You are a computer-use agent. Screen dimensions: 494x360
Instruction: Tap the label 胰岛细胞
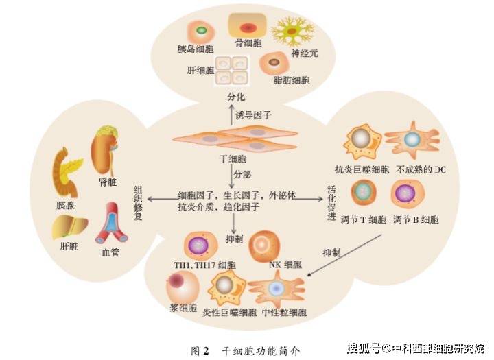[196, 49]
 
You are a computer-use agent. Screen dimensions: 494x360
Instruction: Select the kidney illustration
[104, 150]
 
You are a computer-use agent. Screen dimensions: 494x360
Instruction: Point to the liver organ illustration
[69, 227]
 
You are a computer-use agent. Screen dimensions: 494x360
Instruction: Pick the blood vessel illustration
[111, 223]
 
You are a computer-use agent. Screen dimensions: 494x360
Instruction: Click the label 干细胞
[233, 158]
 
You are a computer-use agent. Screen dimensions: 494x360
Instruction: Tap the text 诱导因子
[253, 115]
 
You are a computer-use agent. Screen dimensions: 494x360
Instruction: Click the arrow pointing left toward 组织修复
[163, 199]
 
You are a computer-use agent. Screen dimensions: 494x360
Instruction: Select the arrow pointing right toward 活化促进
[309, 199]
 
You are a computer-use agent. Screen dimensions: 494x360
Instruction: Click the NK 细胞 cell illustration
[264, 246]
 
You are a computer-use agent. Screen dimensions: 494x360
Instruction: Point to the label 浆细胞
[183, 308]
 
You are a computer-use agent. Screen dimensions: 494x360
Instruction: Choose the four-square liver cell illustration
[232, 71]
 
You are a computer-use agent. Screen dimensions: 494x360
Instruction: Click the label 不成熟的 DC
[421, 170]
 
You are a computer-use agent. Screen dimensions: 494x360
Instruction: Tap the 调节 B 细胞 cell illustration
[408, 193]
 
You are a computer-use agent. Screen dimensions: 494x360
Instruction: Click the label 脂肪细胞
[292, 80]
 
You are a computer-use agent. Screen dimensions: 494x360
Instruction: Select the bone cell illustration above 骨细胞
[248, 26]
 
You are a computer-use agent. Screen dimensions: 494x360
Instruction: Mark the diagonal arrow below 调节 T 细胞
[344, 255]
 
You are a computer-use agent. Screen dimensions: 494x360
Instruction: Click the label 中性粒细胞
[284, 313]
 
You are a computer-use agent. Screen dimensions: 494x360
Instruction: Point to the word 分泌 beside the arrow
[242, 174]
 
